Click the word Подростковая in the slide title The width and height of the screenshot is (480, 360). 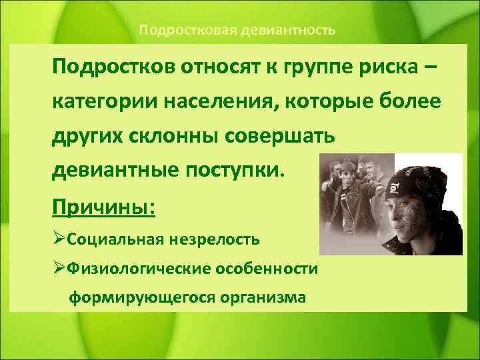[x=178, y=30]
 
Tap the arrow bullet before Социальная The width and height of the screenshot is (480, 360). [x=59, y=238]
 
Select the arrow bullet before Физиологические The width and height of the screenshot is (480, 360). [x=59, y=268]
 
